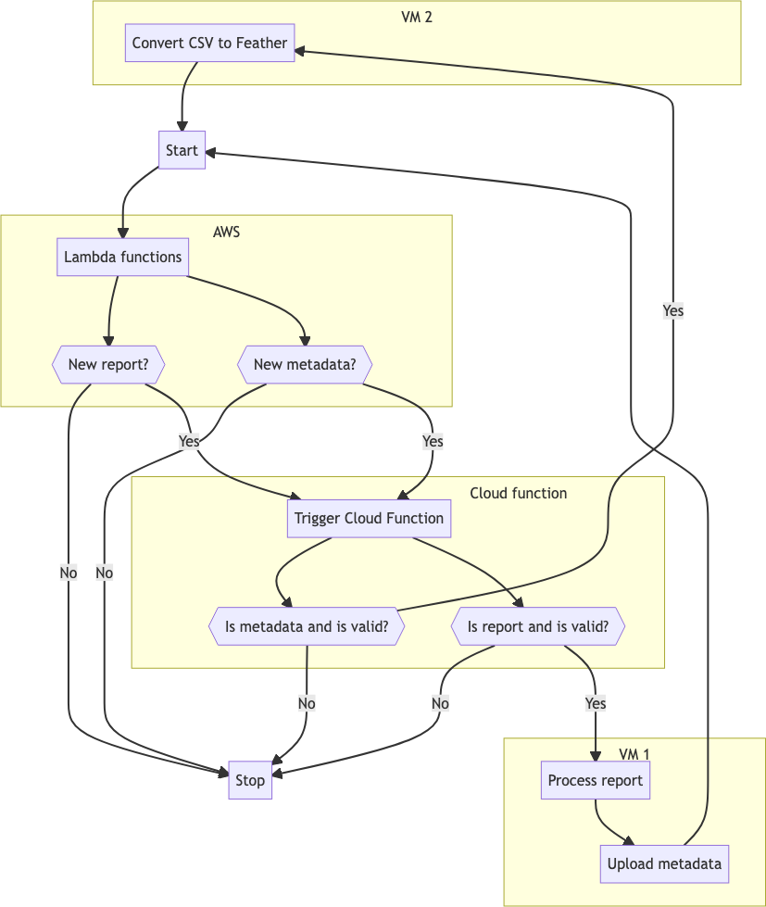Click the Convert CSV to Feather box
[x=209, y=43]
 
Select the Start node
[x=182, y=150]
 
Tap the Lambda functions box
[x=122, y=257]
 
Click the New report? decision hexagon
[x=108, y=365]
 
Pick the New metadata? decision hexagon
[x=305, y=365]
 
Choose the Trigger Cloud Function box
[x=369, y=518]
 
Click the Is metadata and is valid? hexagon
[x=306, y=626]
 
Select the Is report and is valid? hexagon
[x=538, y=626]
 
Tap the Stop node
[x=250, y=780]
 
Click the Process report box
[x=595, y=780]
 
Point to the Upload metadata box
[x=664, y=863]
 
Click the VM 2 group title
[x=417, y=17]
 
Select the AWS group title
[x=226, y=232]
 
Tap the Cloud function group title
[x=518, y=493]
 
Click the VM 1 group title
[x=634, y=753]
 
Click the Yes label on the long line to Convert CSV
[x=672, y=310]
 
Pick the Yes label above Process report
[x=596, y=703]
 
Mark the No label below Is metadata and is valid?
[x=307, y=703]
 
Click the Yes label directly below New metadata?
[x=433, y=441]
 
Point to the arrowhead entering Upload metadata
[x=630, y=841]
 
